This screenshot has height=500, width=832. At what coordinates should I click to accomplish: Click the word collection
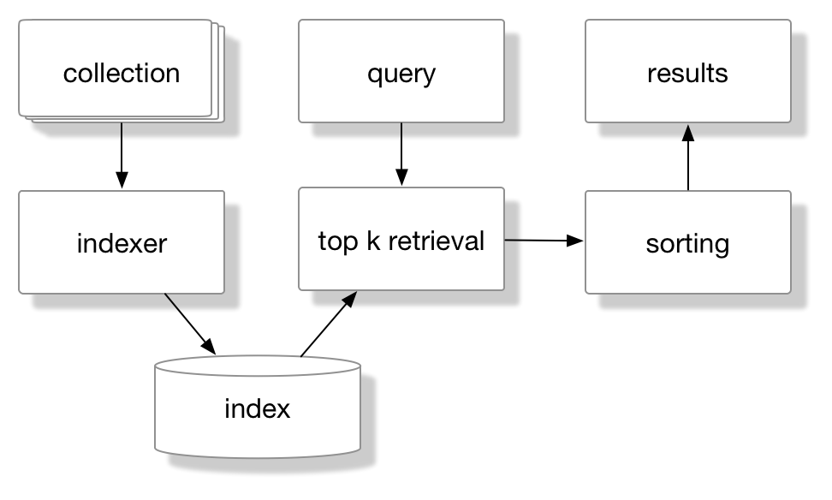click(122, 73)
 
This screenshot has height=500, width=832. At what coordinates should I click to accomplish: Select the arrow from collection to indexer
click(122, 155)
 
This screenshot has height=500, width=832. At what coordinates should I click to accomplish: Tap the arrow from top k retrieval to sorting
click(544, 241)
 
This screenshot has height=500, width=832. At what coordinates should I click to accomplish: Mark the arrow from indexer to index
click(189, 324)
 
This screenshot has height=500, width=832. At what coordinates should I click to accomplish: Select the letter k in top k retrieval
click(372, 241)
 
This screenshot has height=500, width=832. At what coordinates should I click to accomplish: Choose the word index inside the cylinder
click(257, 408)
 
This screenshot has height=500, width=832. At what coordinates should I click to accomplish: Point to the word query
click(401, 74)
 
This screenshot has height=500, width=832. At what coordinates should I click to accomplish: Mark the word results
click(687, 73)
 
